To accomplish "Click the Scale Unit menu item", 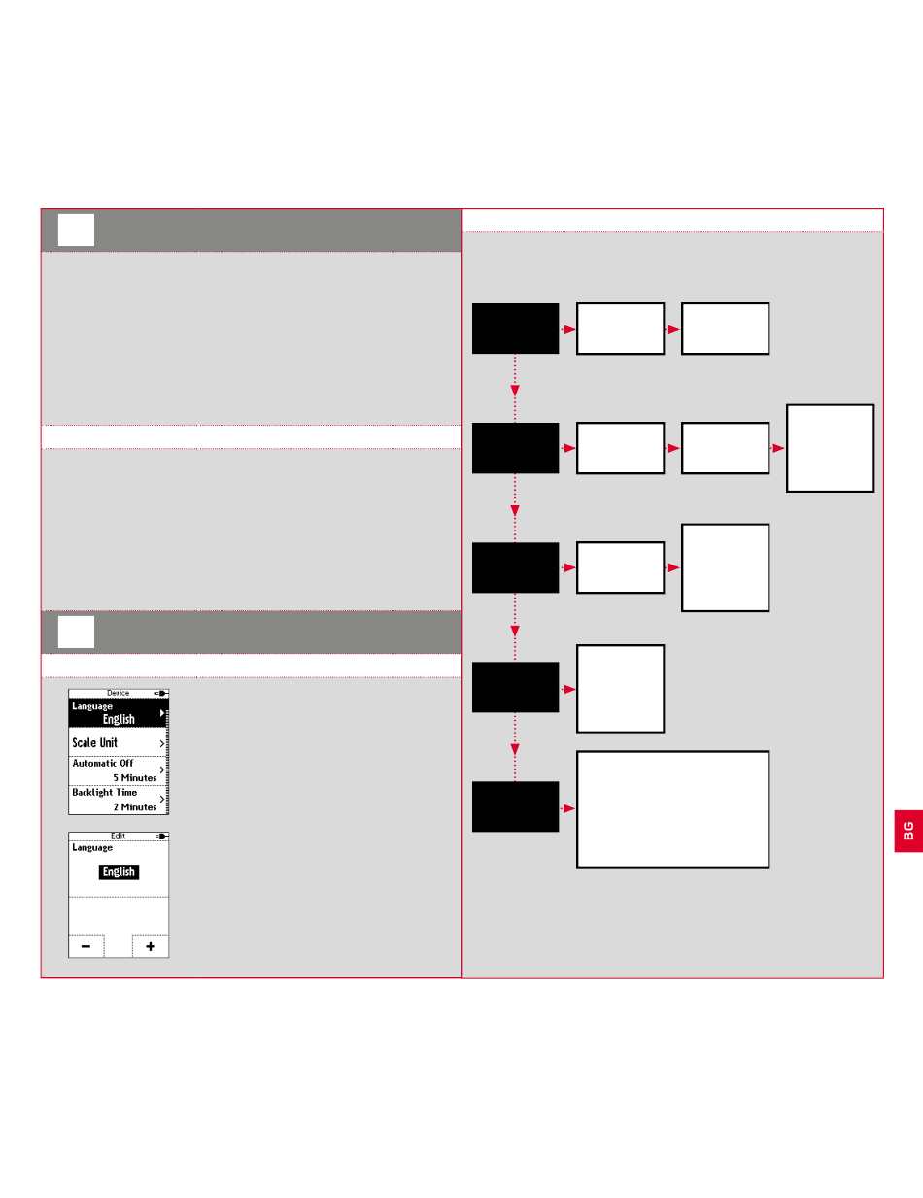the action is tap(118, 742).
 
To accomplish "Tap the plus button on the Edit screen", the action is tap(151, 946).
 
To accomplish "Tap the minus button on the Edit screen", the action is tap(85, 946).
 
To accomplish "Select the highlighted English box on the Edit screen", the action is tap(119, 872).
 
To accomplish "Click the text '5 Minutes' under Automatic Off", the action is tap(135, 778).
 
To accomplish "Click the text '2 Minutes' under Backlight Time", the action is tap(135, 807).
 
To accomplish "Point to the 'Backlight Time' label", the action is tap(105, 792).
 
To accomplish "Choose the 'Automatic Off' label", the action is tap(103, 763).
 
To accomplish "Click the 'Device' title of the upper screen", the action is tap(118, 693).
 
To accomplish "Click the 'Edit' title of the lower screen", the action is tap(118, 836).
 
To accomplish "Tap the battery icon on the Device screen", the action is tap(161, 693).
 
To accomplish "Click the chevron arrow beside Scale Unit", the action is tap(162, 743).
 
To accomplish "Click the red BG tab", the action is tap(908, 831).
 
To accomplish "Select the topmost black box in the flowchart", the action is tap(515, 328).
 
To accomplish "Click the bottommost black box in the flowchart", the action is tap(515, 806).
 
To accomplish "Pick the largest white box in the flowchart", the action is tap(673, 808).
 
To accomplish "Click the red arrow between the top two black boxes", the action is tap(515, 388).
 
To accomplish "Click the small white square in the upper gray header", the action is tap(76, 229).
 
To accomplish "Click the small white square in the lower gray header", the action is tap(76, 632).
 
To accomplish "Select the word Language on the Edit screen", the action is tap(92, 848).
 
